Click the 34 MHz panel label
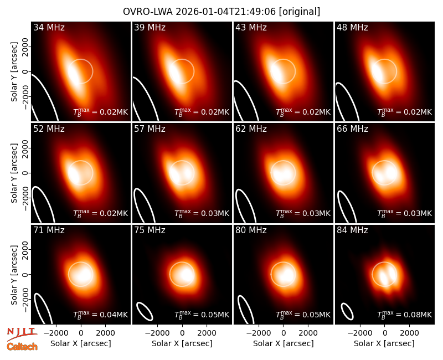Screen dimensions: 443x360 (49, 27)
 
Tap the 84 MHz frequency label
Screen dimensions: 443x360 (352, 230)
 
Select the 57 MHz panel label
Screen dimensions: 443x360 (150, 129)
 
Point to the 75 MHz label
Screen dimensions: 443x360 (150, 230)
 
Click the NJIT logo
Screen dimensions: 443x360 (22, 333)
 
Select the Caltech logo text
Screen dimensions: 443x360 (22, 347)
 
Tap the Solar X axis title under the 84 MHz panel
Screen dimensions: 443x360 (384, 343)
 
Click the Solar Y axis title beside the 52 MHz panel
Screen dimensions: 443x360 (14, 173)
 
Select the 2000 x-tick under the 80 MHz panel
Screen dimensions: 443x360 (308, 333)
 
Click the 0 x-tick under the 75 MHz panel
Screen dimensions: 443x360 (182, 333)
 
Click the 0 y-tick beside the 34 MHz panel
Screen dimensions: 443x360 (25, 72)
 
